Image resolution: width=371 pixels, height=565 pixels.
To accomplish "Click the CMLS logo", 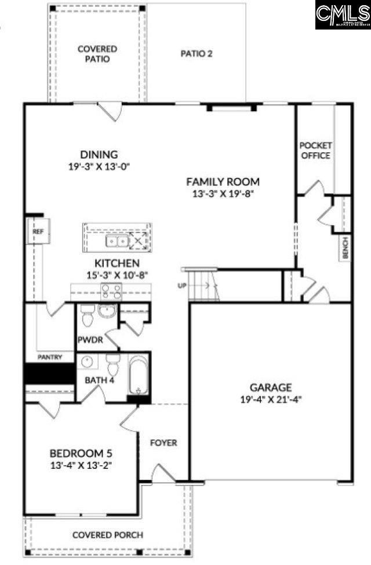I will click(x=343, y=14).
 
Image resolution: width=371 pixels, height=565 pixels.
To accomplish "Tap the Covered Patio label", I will click(x=97, y=54).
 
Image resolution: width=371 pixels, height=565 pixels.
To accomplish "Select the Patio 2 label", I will click(x=197, y=54).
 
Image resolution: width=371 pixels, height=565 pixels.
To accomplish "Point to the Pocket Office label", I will click(x=315, y=151).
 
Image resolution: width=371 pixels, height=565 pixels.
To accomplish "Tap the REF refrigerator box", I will click(x=39, y=232).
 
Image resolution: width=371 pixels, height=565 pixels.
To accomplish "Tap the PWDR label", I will click(x=90, y=340).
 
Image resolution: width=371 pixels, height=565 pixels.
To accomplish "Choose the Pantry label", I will click(x=50, y=357).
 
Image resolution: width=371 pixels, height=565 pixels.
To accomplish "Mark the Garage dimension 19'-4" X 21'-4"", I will click(x=271, y=399).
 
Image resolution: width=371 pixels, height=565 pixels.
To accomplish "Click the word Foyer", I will click(x=163, y=443).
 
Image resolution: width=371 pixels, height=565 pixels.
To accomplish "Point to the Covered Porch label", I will click(x=107, y=535).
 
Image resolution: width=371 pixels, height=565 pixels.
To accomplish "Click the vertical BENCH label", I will click(x=345, y=248).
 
